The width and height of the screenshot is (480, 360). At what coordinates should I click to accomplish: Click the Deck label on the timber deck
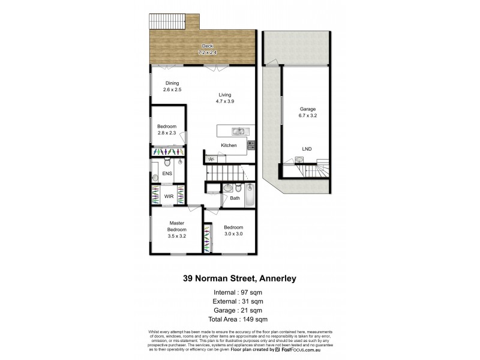pos(207,46)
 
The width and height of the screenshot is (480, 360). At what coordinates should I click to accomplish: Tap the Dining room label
pos(172,83)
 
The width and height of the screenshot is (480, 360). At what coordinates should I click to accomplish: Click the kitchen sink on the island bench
pos(238,131)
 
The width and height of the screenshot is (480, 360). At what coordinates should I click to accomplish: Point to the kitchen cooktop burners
pos(251,145)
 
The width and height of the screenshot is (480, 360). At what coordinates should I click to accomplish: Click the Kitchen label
pos(229,146)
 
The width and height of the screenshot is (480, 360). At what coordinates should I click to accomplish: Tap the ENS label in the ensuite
pos(167,173)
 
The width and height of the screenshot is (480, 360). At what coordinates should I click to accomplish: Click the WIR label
pos(169,196)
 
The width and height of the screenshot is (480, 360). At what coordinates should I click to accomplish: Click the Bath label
pos(235,198)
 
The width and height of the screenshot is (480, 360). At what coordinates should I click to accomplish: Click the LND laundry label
pos(307,149)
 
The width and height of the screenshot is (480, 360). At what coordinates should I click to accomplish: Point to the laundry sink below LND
pos(299,160)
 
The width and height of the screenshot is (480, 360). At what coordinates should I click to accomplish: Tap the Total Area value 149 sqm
pos(254,319)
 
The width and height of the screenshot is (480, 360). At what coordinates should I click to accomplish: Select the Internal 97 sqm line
pos(238,292)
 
